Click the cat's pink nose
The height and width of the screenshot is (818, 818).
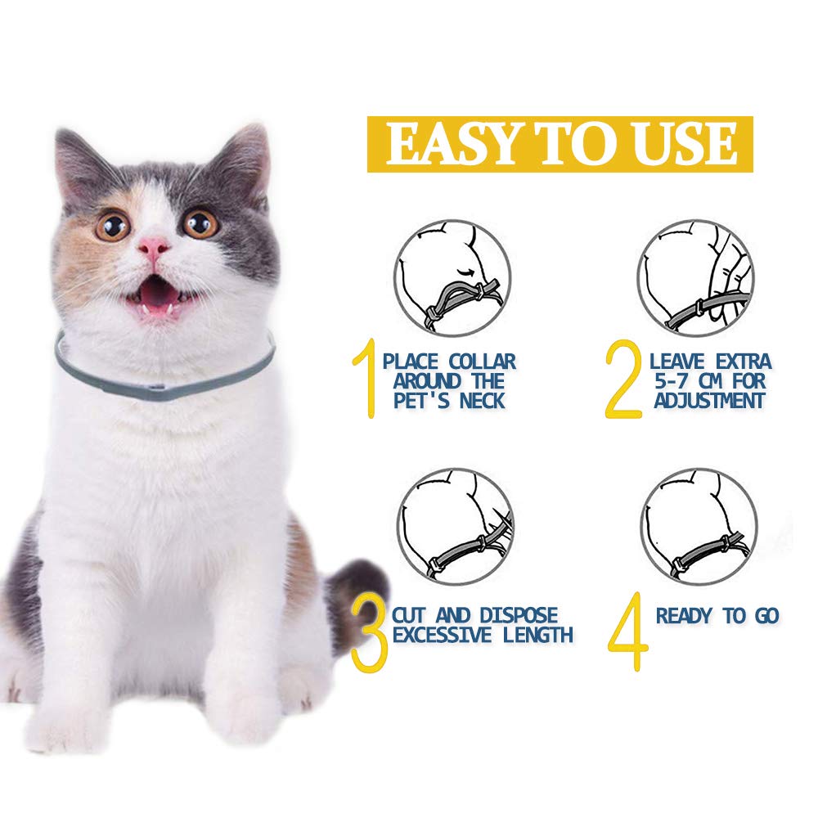click(x=154, y=247)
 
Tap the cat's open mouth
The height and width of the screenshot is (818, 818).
click(x=156, y=297)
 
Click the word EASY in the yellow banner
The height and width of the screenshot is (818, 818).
click(x=452, y=145)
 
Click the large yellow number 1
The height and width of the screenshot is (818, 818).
click(x=366, y=378)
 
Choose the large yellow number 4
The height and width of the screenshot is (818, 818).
click(x=628, y=631)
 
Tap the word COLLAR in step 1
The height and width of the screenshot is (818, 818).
click(x=483, y=362)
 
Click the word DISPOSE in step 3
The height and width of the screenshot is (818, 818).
click(x=519, y=616)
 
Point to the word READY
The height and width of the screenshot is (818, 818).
click(x=684, y=616)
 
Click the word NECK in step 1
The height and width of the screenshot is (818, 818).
click(x=483, y=401)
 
